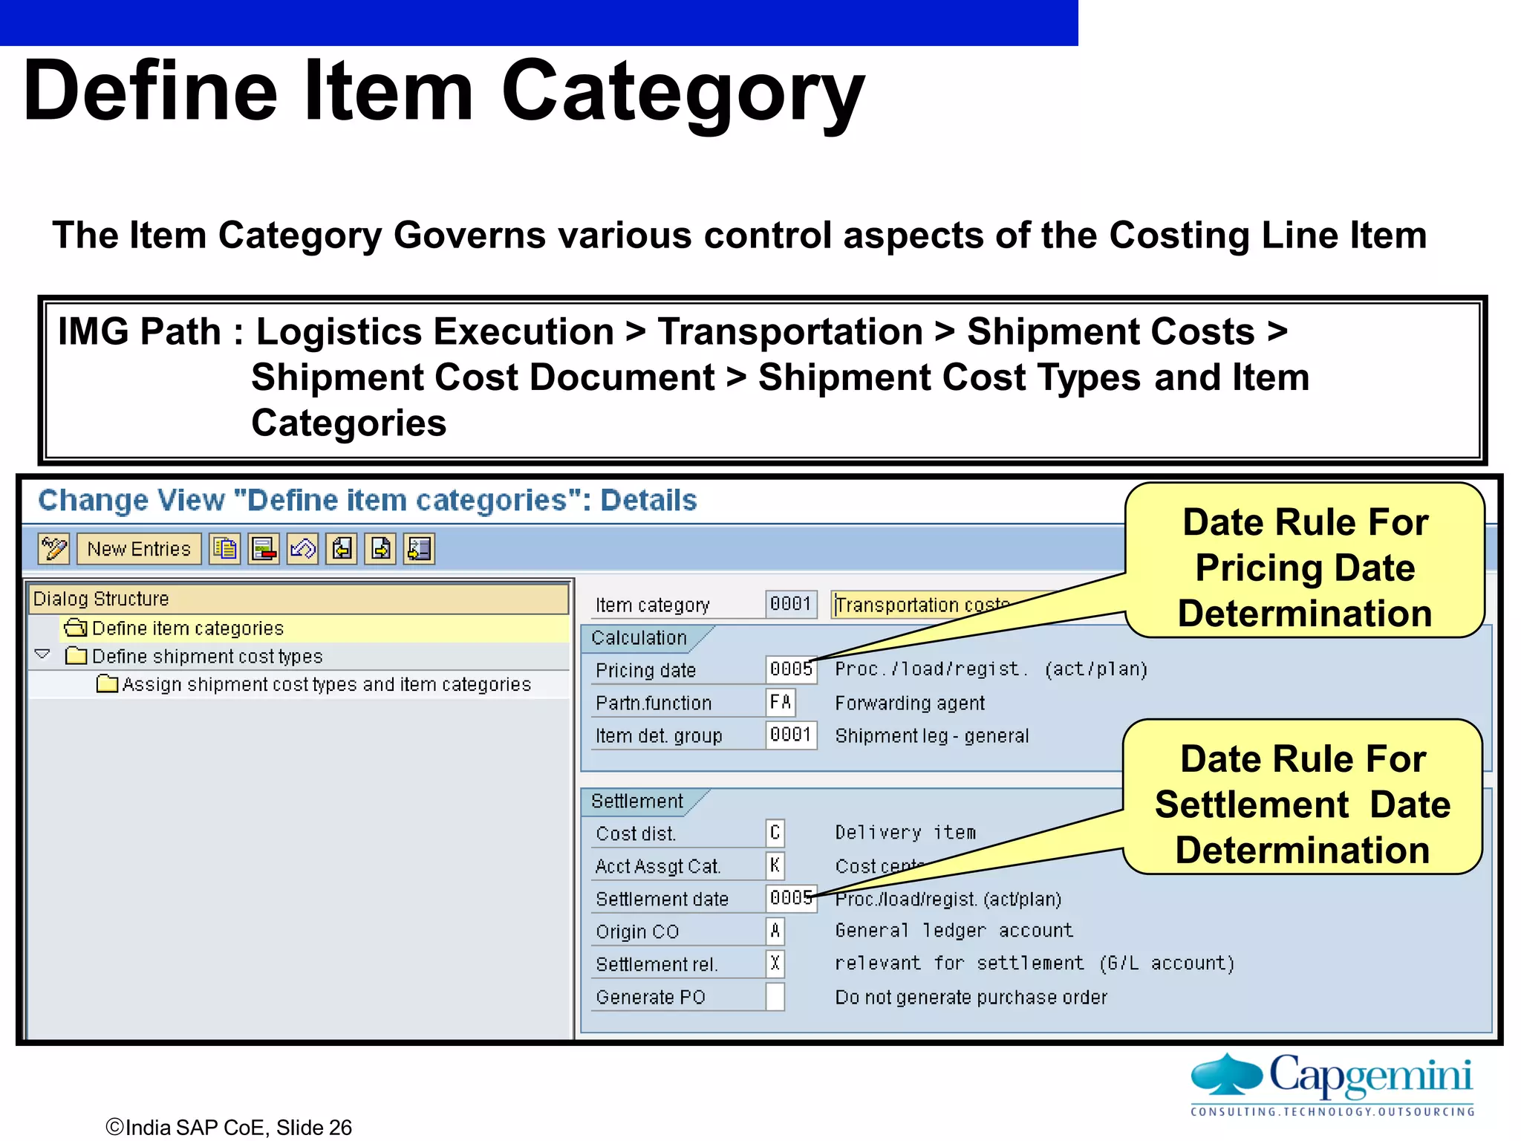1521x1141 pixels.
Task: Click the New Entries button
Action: tap(139, 549)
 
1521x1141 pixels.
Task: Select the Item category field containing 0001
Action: tap(790, 604)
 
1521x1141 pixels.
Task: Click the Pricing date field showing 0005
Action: tap(790, 669)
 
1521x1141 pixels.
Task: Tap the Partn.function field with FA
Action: tap(781, 702)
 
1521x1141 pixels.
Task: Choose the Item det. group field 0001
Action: tap(790, 735)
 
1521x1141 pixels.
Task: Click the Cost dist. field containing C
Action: tap(775, 833)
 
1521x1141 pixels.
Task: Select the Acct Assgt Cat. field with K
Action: tap(775, 865)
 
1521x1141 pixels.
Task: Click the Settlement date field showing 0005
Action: tap(790, 898)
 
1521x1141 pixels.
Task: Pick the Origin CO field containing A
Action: tap(775, 931)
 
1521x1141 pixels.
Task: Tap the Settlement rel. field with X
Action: tap(775, 963)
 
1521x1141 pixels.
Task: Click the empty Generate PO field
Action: tap(775, 996)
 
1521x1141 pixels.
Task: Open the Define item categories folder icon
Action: tap(76, 628)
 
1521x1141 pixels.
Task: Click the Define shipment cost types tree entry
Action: tap(207, 657)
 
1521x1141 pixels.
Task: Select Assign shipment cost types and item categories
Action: tap(326, 684)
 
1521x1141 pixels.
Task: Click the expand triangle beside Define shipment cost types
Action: tap(42, 654)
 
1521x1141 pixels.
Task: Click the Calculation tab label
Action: tap(639, 638)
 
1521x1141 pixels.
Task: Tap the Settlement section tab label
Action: tap(636, 802)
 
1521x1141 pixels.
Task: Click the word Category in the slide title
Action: tap(683, 93)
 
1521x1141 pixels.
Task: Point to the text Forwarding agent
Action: tap(910, 703)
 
